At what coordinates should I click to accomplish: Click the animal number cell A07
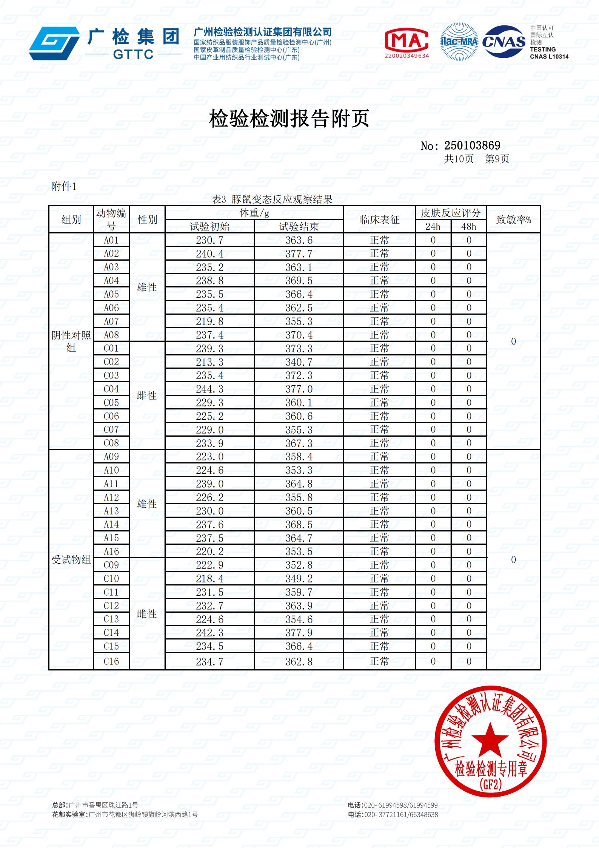(111, 321)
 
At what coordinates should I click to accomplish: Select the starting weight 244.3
(209, 389)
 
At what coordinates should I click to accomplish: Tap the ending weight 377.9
(299, 633)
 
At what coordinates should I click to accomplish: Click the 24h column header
(433, 227)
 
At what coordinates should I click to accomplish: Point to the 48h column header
(468, 227)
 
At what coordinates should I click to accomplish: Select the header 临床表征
(379, 220)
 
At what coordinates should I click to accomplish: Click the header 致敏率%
(513, 220)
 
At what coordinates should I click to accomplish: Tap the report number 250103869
(472, 145)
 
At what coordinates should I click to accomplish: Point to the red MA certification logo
(406, 40)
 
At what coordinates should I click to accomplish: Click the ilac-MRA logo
(459, 42)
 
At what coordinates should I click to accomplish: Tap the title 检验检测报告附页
(289, 118)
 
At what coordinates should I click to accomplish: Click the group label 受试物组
(71, 560)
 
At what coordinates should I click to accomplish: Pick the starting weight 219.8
(209, 321)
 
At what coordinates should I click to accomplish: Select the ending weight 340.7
(299, 362)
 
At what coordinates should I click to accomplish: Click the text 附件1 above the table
(63, 186)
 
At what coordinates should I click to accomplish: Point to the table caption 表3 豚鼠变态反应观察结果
(272, 199)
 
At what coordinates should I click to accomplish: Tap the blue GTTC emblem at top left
(55, 43)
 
